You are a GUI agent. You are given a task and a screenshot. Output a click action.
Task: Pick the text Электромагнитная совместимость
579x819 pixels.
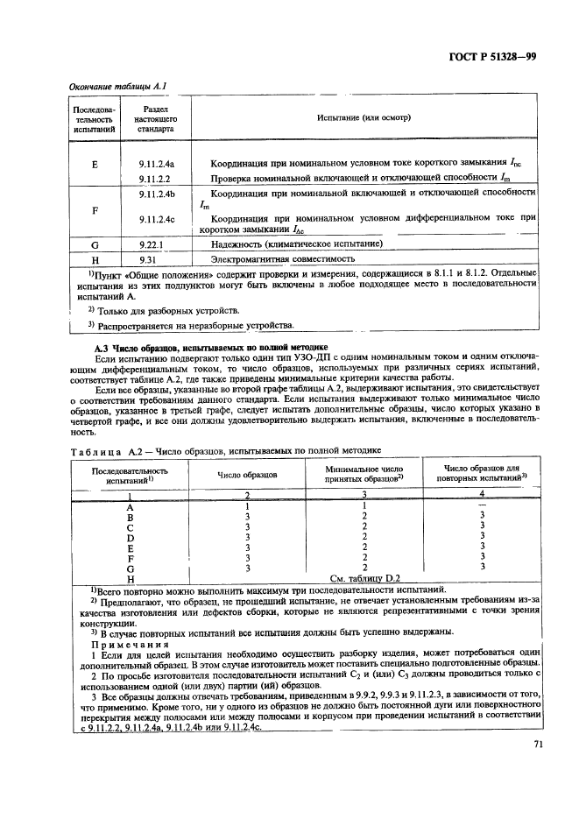coord(282,259)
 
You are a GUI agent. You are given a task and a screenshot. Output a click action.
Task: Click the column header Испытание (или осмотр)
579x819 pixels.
coord(359,116)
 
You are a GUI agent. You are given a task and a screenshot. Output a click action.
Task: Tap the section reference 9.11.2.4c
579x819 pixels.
coord(159,219)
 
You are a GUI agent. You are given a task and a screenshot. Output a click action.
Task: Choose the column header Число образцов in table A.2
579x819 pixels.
coord(248,474)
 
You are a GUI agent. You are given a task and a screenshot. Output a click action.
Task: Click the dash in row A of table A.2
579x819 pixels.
coord(483,505)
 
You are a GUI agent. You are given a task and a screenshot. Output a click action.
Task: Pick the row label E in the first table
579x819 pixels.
coord(94,164)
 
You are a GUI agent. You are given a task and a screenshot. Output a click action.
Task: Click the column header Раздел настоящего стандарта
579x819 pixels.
coord(159,116)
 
